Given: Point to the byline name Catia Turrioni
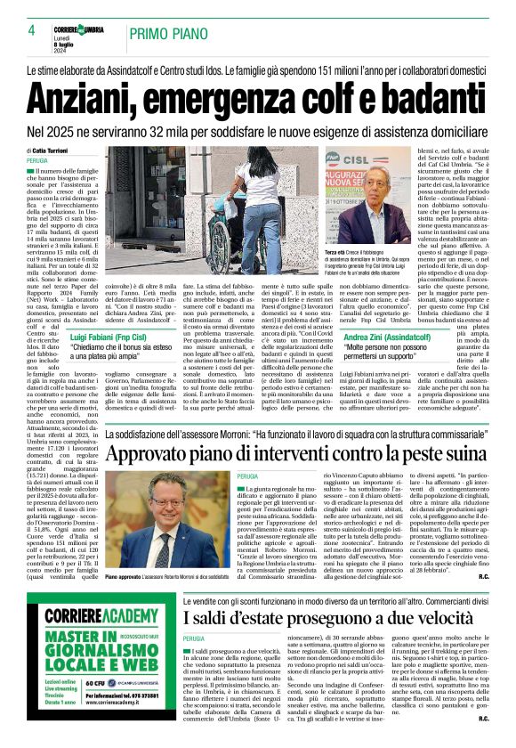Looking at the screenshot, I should (55, 150).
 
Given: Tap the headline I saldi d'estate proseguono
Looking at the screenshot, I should (293, 638).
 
